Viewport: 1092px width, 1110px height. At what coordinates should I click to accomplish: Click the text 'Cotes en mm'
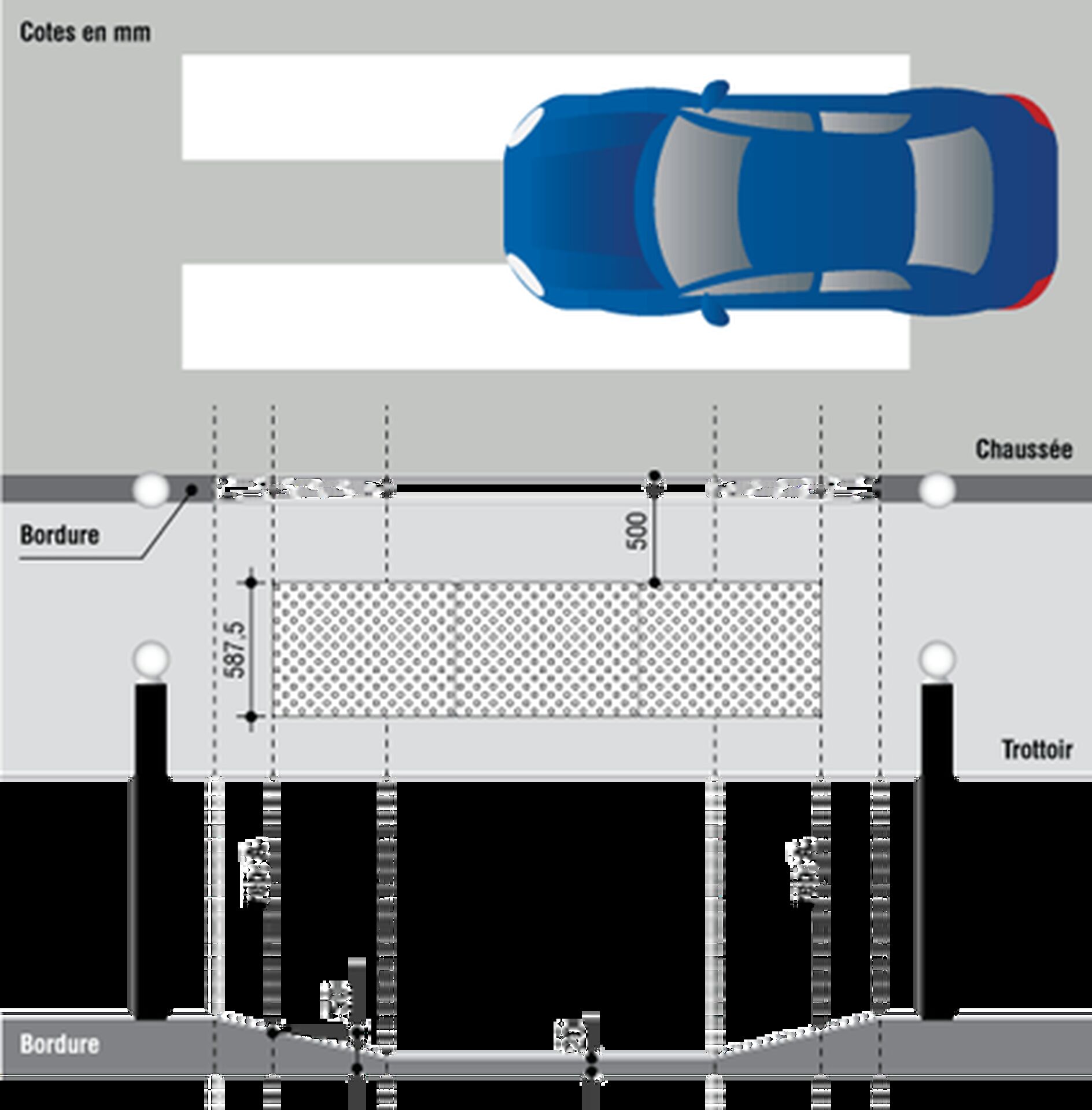(85, 32)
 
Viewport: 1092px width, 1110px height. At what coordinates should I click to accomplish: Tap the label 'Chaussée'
(1023, 450)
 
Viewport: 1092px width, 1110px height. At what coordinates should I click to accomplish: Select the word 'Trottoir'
(1037, 750)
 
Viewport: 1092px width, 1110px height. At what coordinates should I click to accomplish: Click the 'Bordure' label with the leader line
(60, 535)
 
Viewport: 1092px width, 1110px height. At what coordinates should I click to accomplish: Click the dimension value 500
(637, 531)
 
